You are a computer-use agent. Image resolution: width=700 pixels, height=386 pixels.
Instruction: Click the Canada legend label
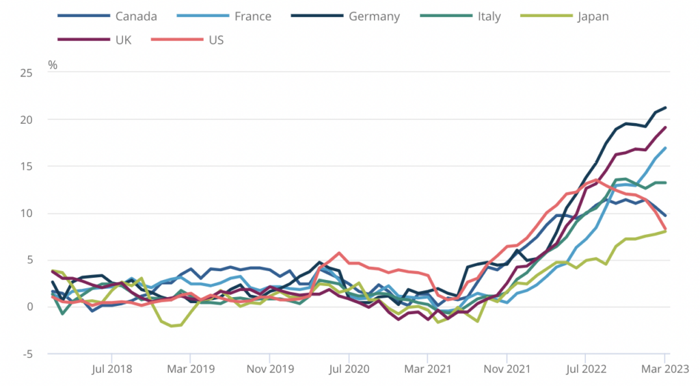[136, 16]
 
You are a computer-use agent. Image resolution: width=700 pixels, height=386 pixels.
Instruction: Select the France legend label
[252, 16]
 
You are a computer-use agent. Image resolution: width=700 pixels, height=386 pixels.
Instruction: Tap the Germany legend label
[374, 16]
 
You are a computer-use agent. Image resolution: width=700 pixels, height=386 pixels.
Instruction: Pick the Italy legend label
[489, 16]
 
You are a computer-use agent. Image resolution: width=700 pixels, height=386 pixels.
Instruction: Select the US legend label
[216, 40]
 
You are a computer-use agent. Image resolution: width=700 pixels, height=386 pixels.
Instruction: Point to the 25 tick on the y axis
[25, 73]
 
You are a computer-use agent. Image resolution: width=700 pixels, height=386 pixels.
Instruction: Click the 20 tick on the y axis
[25, 119]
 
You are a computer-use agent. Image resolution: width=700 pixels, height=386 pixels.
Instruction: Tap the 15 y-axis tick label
[25, 166]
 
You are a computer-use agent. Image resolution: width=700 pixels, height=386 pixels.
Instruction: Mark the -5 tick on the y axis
[26, 354]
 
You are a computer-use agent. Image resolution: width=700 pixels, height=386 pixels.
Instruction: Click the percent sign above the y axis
[53, 65]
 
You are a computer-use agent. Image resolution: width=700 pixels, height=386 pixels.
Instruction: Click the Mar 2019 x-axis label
[190, 368]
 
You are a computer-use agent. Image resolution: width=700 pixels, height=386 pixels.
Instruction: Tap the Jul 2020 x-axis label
[349, 368]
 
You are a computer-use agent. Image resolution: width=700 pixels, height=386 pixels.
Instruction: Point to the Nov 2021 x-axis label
[507, 368]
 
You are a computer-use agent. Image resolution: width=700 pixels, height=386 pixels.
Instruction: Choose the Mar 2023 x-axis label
[664, 368]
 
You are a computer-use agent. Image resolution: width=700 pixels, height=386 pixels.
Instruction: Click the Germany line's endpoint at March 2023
[665, 107]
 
